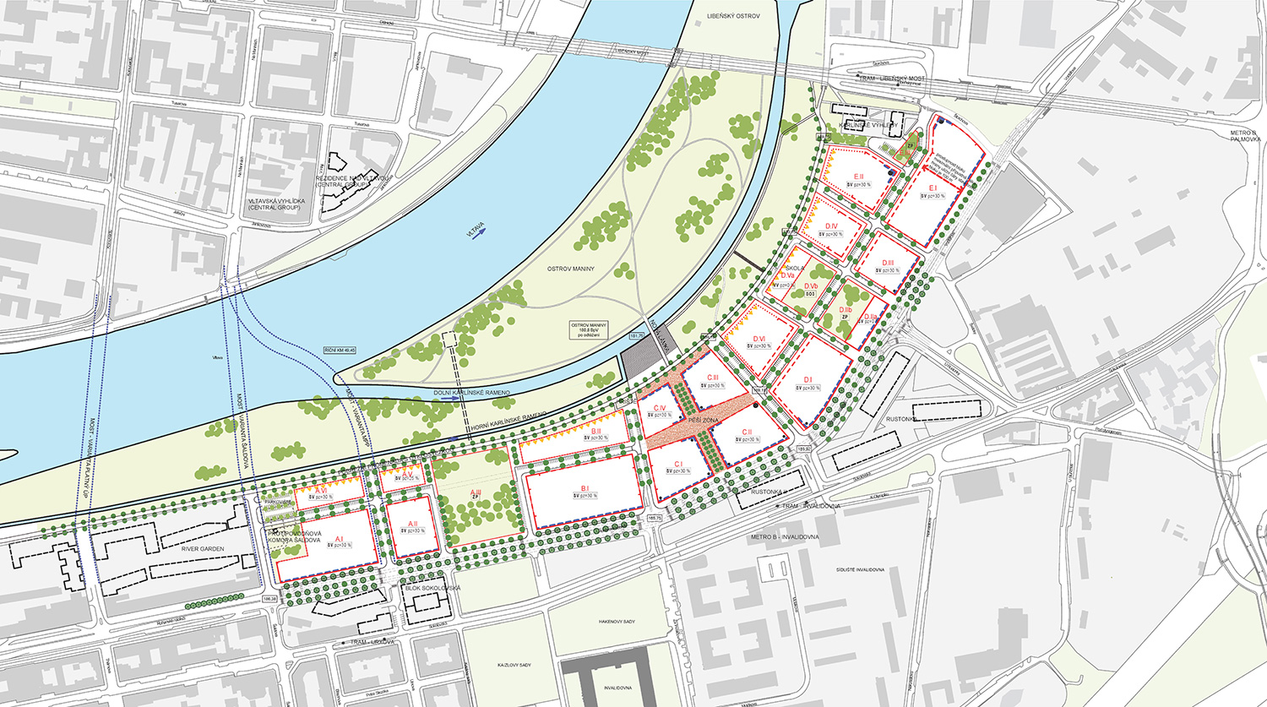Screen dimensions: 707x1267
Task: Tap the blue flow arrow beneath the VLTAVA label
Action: coord(479,237)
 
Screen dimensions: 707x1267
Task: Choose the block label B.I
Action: coord(585,488)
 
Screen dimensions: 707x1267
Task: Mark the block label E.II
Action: coord(858,177)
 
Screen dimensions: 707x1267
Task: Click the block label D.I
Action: coord(808,380)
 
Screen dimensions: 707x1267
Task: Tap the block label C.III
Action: coord(712,378)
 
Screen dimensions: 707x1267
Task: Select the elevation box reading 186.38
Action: coord(270,598)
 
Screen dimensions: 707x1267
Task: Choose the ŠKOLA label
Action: coord(793,268)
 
